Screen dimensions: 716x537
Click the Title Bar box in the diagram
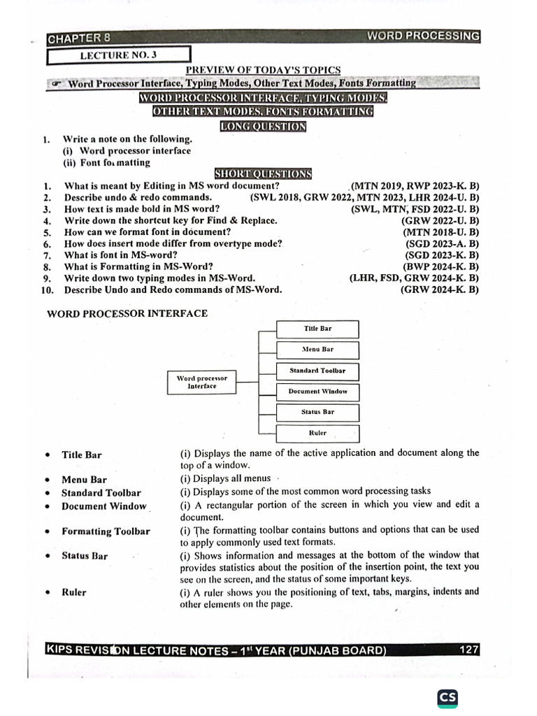pyautogui.click(x=318, y=329)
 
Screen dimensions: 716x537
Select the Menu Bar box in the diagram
pyautogui.click(x=318, y=350)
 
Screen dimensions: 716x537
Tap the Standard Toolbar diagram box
pyautogui.click(x=318, y=371)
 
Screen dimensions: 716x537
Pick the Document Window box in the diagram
pyautogui.click(x=318, y=392)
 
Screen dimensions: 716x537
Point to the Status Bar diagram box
pyautogui.click(x=318, y=413)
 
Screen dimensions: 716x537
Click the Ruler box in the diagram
pyautogui.click(x=318, y=434)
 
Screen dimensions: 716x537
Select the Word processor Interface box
pyautogui.click(x=202, y=382)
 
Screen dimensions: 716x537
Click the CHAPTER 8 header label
pyautogui.click(x=78, y=38)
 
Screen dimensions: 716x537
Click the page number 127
pyautogui.click(x=469, y=650)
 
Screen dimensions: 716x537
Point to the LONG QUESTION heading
pyautogui.click(x=263, y=127)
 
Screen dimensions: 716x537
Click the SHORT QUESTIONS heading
pyautogui.click(x=263, y=174)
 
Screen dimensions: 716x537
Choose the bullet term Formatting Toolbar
pyautogui.click(x=106, y=531)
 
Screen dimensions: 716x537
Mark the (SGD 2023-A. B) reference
pyautogui.click(x=442, y=243)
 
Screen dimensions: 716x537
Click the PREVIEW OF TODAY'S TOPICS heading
pyautogui.click(x=263, y=70)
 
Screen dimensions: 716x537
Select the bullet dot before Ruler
pyautogui.click(x=47, y=592)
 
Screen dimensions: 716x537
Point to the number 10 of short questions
pyautogui.click(x=48, y=289)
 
